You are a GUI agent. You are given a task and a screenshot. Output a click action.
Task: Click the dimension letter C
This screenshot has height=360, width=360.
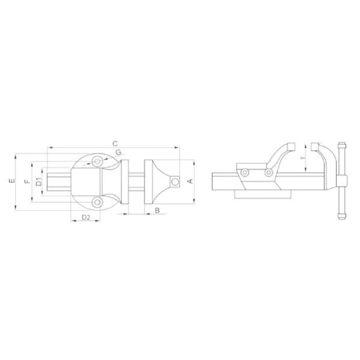115,144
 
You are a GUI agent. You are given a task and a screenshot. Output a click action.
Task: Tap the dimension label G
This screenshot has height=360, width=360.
119,152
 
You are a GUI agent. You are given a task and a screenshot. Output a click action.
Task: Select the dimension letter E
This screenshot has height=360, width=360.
11,181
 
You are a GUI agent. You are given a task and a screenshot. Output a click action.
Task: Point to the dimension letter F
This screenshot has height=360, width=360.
27,181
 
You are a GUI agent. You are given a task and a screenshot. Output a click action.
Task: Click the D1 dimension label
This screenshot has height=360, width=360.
39,182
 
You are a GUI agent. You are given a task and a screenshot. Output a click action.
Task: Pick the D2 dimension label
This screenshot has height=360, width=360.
86,217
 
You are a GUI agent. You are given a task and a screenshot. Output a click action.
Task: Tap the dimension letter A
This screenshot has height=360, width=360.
190,181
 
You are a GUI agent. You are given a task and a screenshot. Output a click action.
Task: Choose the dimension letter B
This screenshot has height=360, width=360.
157,210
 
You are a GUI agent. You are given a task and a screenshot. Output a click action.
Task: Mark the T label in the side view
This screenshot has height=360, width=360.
303,158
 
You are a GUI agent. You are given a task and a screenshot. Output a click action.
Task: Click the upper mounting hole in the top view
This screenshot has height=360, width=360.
98,161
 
